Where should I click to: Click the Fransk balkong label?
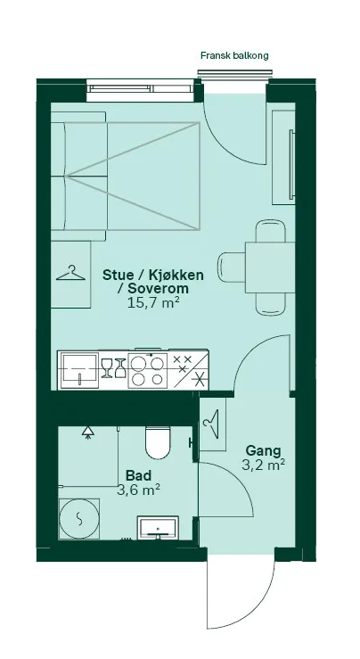(234, 55)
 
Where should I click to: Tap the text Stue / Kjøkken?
(153, 275)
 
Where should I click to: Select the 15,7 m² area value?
(153, 303)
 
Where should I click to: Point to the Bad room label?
(137, 474)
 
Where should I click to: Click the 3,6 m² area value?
(138, 489)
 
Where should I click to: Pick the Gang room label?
(263, 449)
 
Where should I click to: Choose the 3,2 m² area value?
(263, 465)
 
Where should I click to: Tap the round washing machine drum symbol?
(81, 518)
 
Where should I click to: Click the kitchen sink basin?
(78, 367)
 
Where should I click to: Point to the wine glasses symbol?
(113, 367)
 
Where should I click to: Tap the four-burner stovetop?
(146, 369)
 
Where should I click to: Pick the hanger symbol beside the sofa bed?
(71, 273)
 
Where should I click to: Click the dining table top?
(266, 266)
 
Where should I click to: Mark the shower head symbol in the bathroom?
(88, 432)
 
